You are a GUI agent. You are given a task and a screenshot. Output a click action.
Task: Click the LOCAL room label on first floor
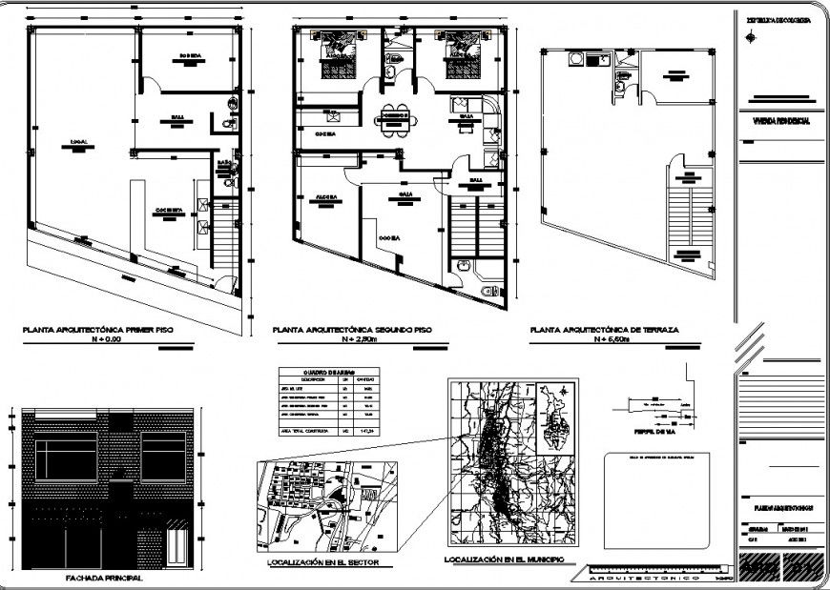point(78,143)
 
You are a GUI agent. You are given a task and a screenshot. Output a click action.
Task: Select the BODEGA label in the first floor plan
point(190,56)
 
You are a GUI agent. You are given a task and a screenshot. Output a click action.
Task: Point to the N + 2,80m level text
point(366,339)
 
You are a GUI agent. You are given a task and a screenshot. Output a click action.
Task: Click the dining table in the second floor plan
point(394,117)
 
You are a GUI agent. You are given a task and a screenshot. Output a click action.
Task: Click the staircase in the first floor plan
point(225,233)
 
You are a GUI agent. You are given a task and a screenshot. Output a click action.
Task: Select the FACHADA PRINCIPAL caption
point(104,578)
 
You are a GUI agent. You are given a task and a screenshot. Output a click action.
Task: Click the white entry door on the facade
point(177,548)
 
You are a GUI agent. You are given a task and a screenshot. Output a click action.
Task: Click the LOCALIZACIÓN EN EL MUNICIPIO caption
point(504,559)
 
